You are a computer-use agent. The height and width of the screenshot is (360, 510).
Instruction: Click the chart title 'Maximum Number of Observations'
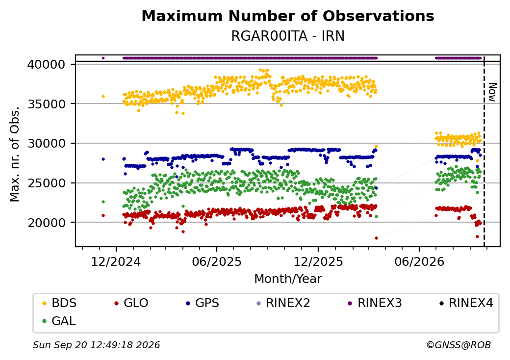point(288,16)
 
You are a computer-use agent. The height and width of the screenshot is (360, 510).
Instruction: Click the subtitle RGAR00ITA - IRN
point(288,36)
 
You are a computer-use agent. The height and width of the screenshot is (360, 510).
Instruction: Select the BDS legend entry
point(59,303)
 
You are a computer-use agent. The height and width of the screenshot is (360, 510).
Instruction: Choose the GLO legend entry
point(131,303)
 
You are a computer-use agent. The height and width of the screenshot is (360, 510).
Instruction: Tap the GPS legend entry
point(203,303)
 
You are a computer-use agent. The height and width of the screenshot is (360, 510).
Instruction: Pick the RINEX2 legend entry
point(283,303)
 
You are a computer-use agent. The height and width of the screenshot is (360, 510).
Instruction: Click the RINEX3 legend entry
point(375,303)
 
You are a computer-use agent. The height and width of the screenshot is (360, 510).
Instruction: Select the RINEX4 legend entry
point(466,303)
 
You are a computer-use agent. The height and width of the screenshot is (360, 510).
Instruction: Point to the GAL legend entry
point(59,321)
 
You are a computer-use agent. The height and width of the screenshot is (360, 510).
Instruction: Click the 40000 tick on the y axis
point(47,64)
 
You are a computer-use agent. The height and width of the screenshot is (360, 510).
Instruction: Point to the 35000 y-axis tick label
point(47,104)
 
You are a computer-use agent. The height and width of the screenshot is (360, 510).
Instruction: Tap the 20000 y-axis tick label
point(47,223)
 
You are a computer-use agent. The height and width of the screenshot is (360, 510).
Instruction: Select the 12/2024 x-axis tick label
point(116,262)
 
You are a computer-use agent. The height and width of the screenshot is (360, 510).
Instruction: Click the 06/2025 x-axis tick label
point(217,262)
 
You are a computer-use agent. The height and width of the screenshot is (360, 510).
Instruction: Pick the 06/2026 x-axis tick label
point(419,262)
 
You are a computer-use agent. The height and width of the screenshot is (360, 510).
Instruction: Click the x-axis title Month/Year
point(288,279)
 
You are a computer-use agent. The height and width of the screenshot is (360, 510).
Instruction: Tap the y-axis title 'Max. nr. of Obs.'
point(15,154)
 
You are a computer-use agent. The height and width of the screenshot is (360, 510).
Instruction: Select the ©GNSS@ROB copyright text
point(459,345)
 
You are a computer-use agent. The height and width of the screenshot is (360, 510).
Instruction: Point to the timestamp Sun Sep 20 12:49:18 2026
point(96,345)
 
